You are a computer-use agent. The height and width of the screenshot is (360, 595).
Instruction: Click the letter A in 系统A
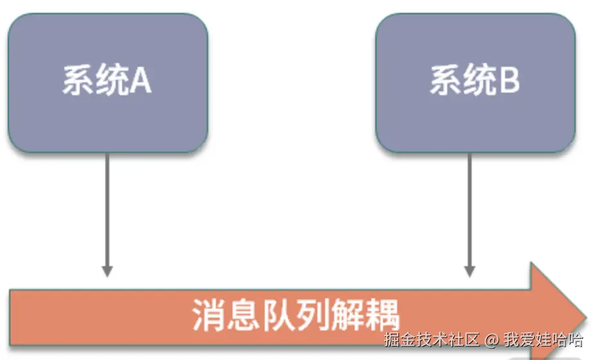(140, 81)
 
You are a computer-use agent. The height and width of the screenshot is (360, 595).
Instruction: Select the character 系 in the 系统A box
(77, 81)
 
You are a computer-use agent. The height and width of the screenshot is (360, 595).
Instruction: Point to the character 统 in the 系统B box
(478, 81)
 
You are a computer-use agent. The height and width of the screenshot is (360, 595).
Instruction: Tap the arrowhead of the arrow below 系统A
(107, 270)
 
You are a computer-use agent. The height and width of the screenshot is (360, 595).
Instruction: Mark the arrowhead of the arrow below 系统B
(470, 270)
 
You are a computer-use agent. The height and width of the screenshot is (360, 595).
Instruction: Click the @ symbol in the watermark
(492, 339)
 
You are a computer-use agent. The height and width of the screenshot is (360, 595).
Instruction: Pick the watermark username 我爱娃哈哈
(543, 339)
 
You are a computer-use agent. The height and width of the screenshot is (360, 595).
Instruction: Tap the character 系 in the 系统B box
(445, 81)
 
